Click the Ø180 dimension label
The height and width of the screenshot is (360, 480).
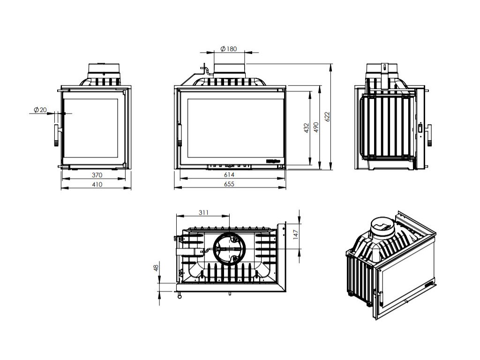[x=228, y=49]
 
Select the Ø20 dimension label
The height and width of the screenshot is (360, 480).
[x=40, y=110]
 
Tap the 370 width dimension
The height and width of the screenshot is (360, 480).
[x=97, y=174]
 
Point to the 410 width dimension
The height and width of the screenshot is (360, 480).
[x=97, y=184]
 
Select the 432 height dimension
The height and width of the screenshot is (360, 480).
[x=306, y=128]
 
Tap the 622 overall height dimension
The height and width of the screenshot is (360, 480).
[x=327, y=116]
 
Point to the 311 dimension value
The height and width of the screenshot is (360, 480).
[x=203, y=212]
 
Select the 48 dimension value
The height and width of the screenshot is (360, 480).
[x=156, y=268]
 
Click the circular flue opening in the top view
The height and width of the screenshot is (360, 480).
[x=229, y=248]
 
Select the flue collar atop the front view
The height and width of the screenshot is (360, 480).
[x=229, y=69]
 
